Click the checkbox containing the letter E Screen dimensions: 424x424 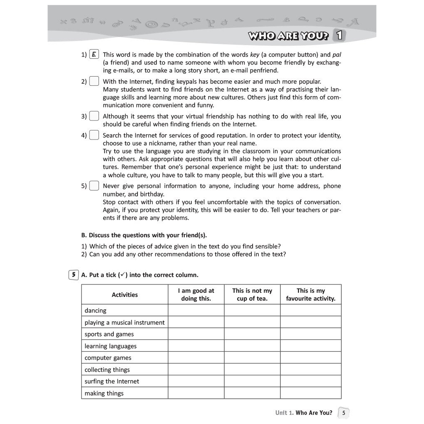[94, 55]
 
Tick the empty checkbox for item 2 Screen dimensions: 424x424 [94, 82]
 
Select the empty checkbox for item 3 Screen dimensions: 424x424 [94, 116]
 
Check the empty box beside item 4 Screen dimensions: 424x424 [94, 135]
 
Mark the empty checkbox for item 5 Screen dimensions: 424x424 [94, 186]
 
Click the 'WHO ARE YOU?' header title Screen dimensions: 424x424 [288, 36]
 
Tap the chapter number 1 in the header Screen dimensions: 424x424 [339, 36]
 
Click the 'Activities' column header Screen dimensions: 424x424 [125, 295]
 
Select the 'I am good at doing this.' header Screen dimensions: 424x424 [196, 294]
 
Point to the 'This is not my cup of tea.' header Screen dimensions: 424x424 [252, 294]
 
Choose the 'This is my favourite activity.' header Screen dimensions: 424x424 [311, 294]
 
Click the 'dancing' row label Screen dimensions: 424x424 [96, 311]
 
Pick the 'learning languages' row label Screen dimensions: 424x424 [111, 346]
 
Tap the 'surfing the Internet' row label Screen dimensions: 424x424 [112, 381]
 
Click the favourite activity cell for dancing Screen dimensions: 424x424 [311, 311]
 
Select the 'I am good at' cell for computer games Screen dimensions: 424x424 [196, 358]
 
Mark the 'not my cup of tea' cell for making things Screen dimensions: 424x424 [252, 393]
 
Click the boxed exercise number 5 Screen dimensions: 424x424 [73, 275]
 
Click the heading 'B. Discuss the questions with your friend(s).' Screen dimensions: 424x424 [144, 235]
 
